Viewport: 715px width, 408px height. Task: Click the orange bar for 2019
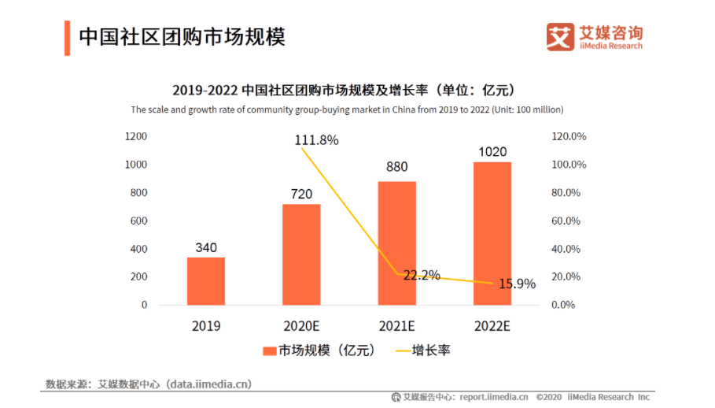pos(205,281)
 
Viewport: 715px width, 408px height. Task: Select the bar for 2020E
pos(301,254)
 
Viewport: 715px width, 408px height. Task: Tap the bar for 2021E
pos(397,243)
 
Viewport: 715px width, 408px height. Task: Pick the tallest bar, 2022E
pos(492,233)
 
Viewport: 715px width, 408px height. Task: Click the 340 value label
pos(206,248)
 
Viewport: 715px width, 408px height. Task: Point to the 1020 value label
pos(492,152)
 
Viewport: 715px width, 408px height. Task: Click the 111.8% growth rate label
pos(317,140)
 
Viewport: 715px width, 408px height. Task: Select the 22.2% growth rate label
pos(422,276)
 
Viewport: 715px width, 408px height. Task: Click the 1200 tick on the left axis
pos(136,136)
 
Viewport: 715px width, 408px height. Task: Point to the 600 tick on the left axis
pos(138,221)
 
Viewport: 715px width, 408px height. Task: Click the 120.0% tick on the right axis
pos(569,136)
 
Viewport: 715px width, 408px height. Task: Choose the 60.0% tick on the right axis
pos(569,221)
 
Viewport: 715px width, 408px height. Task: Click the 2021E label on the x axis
pos(397,326)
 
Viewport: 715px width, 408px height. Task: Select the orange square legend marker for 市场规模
pos(268,351)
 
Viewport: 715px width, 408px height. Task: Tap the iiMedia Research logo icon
pos(560,36)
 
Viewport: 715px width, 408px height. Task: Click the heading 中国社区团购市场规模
pos(182,36)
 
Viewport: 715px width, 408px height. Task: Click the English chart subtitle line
pos(347,109)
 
